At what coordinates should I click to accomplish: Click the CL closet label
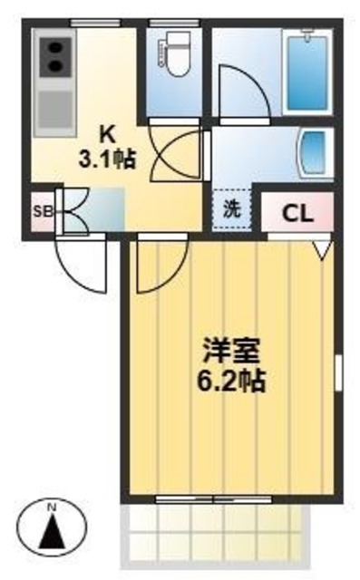[x=297, y=215]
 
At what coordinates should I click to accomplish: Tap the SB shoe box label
[x=41, y=213]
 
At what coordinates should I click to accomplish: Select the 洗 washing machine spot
[x=232, y=206]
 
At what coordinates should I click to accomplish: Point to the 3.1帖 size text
[x=106, y=161]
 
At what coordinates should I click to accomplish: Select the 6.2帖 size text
[x=232, y=380]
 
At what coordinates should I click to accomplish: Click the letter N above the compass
[x=52, y=506]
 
